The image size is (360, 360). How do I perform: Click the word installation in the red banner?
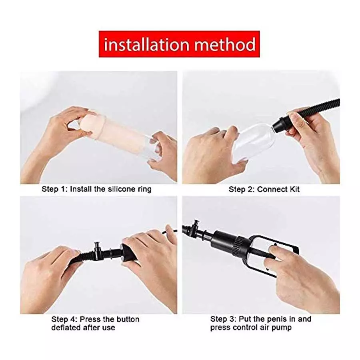click(x=146, y=44)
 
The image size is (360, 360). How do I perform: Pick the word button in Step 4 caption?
click(x=126, y=319)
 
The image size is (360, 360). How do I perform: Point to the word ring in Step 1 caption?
click(x=144, y=189)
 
